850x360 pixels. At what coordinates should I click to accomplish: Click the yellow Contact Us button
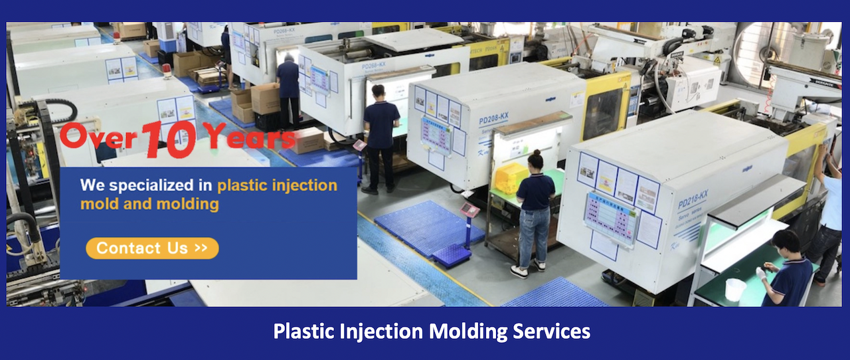coord(152,248)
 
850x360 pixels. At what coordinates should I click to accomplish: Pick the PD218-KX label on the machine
coord(693,198)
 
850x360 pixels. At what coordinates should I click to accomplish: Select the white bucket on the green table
coord(735,290)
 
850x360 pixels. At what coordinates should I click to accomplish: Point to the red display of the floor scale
coord(469,210)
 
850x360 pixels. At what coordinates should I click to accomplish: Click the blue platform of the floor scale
coord(452,254)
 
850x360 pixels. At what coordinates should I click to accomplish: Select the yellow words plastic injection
coord(277,185)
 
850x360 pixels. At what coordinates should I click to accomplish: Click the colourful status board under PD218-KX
coord(611,213)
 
